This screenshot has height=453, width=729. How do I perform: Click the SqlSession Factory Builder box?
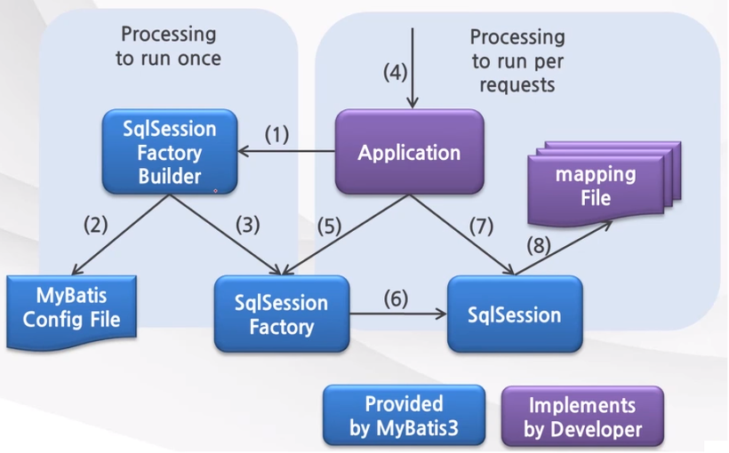[170, 152]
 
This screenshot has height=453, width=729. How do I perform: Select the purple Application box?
[409, 152]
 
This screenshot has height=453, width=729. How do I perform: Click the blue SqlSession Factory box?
[281, 314]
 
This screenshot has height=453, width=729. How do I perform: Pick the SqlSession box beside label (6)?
[515, 314]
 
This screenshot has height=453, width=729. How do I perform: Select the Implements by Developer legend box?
[582, 416]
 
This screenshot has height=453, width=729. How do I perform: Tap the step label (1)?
[278, 135]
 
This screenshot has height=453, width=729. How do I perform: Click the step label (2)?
[95, 224]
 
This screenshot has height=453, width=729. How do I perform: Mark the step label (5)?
[330, 224]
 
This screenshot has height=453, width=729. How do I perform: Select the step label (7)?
[482, 224]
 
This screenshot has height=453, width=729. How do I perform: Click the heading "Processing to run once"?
[168, 46]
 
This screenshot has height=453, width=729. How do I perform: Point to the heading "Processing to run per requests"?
[517, 61]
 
